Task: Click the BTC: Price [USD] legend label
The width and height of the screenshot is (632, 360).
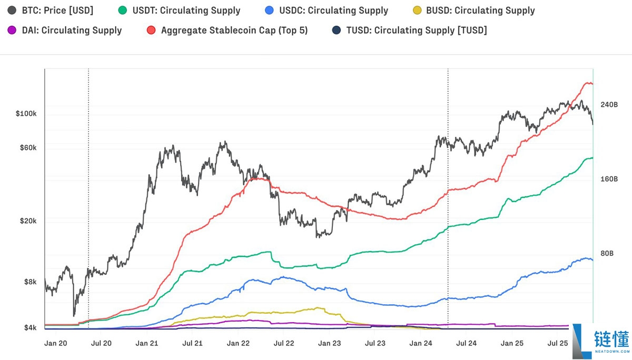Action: pyautogui.click(x=57, y=11)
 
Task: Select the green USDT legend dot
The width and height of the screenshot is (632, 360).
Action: pyautogui.click(x=123, y=11)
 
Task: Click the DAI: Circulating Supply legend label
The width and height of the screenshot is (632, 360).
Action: pyautogui.click(x=72, y=31)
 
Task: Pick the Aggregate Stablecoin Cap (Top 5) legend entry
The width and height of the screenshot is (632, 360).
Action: pyautogui.click(x=234, y=31)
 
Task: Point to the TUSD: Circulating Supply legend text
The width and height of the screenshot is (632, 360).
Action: pyautogui.click(x=416, y=31)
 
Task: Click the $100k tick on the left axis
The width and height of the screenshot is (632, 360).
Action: pyautogui.click(x=26, y=114)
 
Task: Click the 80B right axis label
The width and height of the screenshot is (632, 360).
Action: pyautogui.click(x=607, y=254)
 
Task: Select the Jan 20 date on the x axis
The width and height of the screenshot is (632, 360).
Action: pyautogui.click(x=55, y=343)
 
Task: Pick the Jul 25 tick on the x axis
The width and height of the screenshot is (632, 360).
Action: pyautogui.click(x=557, y=343)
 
